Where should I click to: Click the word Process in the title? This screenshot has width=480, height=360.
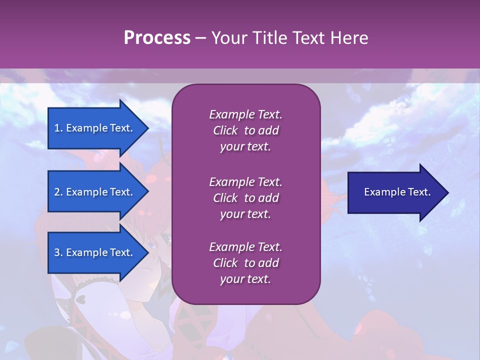tap(157, 38)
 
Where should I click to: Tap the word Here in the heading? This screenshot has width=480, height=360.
tap(349, 38)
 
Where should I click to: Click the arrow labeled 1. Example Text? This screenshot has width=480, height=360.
tap(95, 128)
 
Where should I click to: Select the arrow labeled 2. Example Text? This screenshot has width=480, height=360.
tap(95, 192)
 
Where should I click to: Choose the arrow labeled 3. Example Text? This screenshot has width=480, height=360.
tap(95, 252)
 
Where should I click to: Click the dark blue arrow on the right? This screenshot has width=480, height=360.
tap(395, 192)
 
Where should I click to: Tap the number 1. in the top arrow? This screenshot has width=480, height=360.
tap(58, 128)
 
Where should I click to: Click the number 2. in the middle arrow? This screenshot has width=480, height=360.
tap(58, 192)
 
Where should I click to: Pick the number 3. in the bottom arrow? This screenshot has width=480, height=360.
tap(58, 252)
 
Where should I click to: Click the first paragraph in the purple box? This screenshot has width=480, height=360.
tap(245, 130)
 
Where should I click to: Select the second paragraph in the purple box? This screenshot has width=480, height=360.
tap(245, 198)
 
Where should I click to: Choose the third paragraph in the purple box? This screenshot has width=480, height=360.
tap(245, 263)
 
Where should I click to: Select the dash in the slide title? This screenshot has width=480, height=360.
tap(200, 38)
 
